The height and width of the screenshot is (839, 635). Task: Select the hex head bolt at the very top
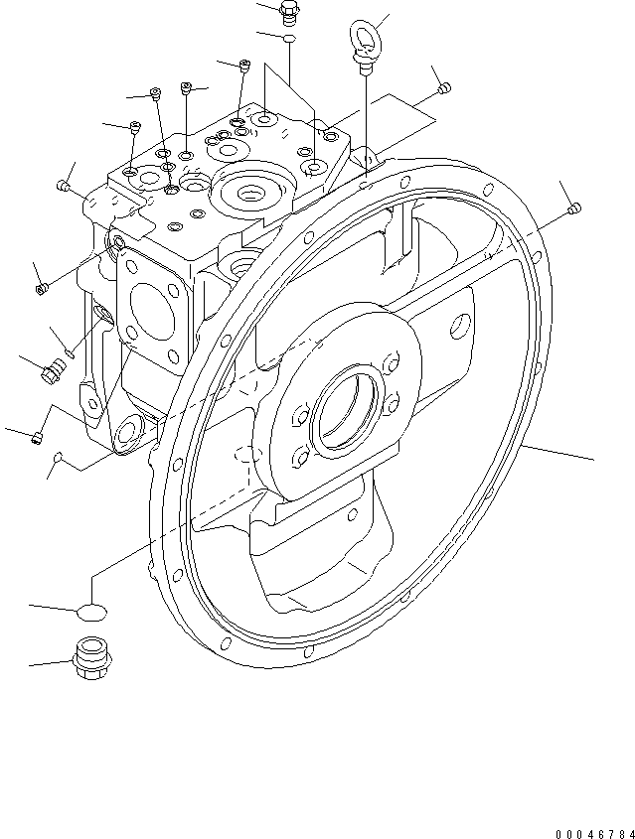[289, 13]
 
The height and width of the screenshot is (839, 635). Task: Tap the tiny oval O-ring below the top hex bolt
[289, 38]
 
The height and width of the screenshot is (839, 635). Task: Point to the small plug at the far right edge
[574, 209]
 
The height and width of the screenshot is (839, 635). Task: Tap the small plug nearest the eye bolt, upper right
[444, 89]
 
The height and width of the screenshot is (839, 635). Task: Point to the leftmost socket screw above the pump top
[135, 127]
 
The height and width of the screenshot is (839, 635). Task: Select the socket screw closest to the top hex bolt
[244, 68]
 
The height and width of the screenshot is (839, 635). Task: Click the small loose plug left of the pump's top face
[65, 185]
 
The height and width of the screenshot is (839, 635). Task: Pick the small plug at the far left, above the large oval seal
[37, 437]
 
